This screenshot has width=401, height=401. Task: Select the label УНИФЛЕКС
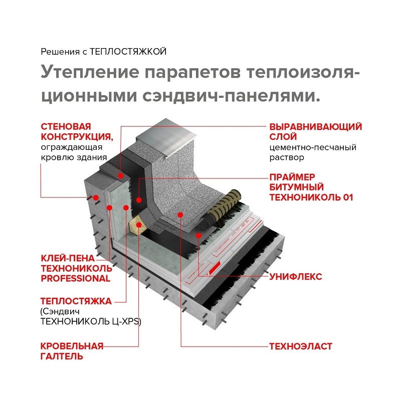[x=295, y=277]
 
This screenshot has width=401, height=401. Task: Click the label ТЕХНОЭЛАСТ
[x=301, y=346]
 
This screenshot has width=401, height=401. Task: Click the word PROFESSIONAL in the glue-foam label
[x=75, y=278]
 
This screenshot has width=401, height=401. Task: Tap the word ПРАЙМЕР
[x=292, y=177]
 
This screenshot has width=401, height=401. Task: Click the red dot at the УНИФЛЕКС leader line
[x=199, y=235]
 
